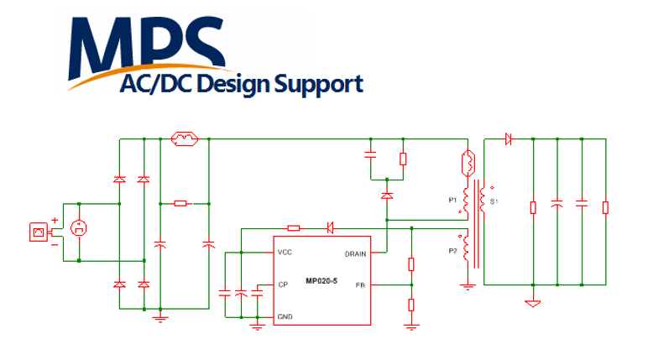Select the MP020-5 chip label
pos(323,280)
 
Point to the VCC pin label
pos(285,253)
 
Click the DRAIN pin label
pos(355,253)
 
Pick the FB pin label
pos(359,285)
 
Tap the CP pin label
pos(283,284)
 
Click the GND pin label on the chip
pos(285,316)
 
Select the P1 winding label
pos(452,200)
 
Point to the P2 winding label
pos(452,250)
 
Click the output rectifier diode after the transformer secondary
pos(508,139)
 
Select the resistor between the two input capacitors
pos(181,203)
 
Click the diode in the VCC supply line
pos(331,227)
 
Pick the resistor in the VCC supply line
pos(293,227)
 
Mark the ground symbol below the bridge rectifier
pos(159,316)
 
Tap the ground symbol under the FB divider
pos(410,326)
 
